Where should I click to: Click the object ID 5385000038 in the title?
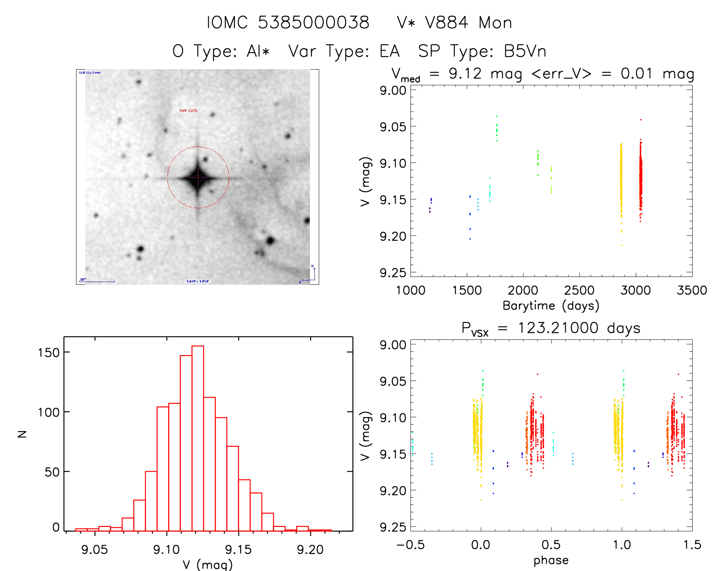(x=313, y=23)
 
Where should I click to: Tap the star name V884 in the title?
(x=446, y=23)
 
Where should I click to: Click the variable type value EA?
(x=389, y=51)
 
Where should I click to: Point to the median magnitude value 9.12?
(x=465, y=73)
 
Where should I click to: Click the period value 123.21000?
(x=558, y=328)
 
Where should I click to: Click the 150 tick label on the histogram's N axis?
(x=49, y=352)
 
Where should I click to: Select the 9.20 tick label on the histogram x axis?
(x=310, y=550)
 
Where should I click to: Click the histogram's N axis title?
(x=22, y=434)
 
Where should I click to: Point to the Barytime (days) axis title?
(x=551, y=306)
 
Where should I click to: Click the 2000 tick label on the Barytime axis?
(x=522, y=290)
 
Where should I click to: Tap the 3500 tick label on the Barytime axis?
(x=691, y=290)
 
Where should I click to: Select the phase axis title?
(x=551, y=560)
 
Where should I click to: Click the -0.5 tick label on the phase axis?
(x=410, y=545)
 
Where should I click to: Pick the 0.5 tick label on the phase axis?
(x=551, y=545)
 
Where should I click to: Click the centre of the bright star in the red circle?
(x=198, y=177)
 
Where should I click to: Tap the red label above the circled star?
(x=188, y=111)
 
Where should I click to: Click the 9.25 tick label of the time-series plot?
(x=393, y=273)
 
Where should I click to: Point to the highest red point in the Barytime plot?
(x=641, y=120)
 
